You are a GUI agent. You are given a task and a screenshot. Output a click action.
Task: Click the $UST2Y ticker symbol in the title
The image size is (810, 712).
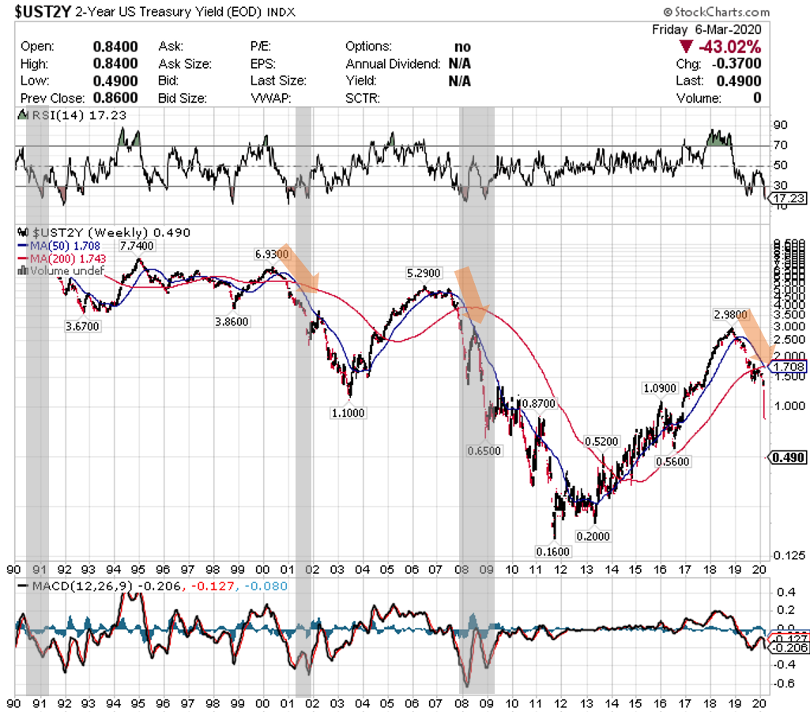[40, 13]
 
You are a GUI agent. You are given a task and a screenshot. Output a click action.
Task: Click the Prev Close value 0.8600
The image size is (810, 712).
[115, 98]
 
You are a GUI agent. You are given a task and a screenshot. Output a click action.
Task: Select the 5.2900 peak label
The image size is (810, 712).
[424, 273]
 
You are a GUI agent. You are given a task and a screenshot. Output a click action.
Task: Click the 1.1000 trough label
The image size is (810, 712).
[348, 412]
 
